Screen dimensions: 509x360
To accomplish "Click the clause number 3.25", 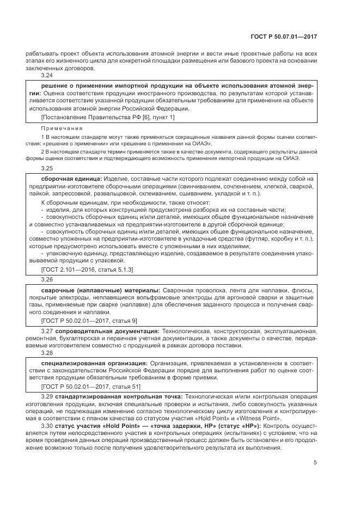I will point(47,169).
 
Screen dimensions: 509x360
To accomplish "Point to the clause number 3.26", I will point(47,279).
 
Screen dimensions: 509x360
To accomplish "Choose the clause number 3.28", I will point(47,351).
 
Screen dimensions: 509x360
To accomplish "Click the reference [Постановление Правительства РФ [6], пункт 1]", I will point(108,117).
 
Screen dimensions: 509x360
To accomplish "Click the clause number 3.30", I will point(47,425).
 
